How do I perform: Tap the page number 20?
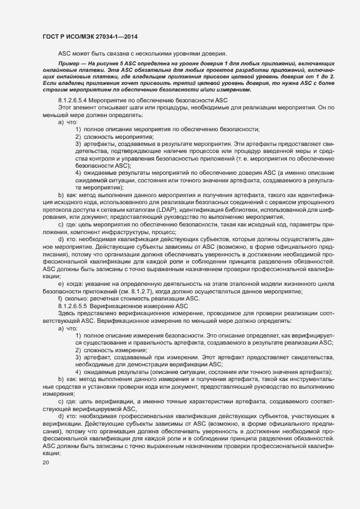coord(46,463)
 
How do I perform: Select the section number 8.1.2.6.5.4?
coord(71,101)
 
